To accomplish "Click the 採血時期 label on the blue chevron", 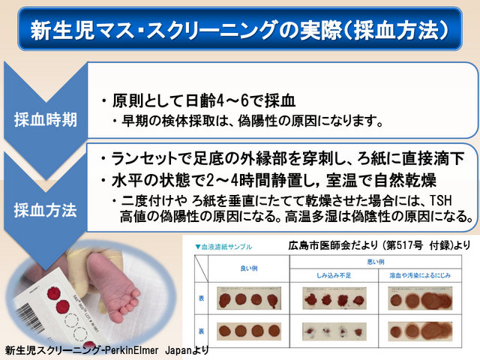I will tap(45, 120).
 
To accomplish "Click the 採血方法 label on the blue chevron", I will tap(45, 209).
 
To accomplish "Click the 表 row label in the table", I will tap(201, 298).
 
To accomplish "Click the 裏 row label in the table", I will tap(201, 330).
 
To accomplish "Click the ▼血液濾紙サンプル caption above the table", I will tap(223, 247).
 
